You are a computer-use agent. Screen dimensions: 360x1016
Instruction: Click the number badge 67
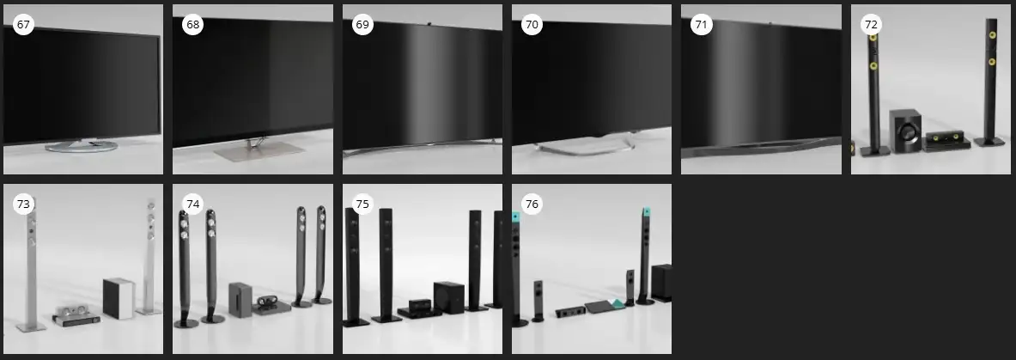coord(23,25)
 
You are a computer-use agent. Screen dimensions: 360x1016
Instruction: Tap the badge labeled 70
coord(532,25)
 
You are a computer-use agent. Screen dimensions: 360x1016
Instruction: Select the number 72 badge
coord(871,25)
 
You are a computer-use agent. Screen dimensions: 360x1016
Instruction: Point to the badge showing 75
coord(362,204)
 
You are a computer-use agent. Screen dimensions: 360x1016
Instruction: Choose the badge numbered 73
coord(23,204)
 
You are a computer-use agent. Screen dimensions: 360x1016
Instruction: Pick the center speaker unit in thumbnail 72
coord(946,140)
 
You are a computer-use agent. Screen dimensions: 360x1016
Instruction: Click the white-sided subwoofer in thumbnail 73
coord(119,298)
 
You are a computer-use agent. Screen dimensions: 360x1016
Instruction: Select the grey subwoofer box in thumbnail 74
coord(240,299)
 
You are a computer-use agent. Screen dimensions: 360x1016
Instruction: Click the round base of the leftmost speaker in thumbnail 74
coord(186,323)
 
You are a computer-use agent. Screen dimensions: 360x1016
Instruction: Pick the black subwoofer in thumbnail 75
coord(448,296)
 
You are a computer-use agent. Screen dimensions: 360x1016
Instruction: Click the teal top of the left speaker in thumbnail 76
coord(515,218)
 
